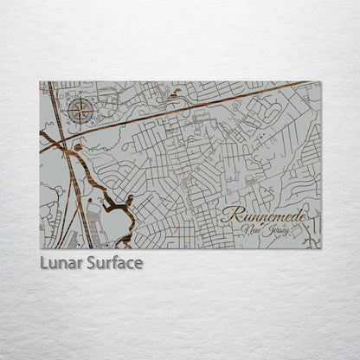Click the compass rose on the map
coord(80,110)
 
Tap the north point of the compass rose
coord(80,98)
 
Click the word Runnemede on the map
coord(264,214)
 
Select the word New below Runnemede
coord(254,229)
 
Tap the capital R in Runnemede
coord(228,214)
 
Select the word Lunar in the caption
coord(62,262)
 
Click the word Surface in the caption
coord(114,262)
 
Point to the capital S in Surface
coord(92,262)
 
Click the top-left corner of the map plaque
coord(40,81)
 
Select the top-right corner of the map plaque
coord(320,81)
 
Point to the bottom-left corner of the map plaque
coord(40,249)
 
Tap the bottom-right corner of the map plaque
coord(320,249)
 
